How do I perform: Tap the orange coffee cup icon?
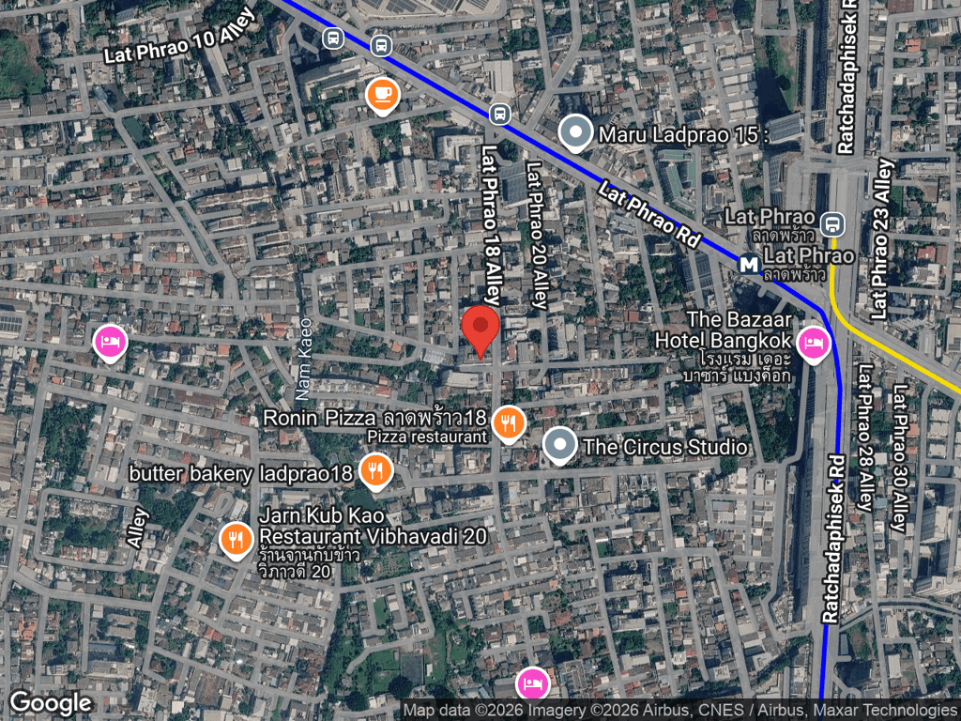382,94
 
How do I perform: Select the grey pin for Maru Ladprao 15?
575,134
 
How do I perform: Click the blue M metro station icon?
749,265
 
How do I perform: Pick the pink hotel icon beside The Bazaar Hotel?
813,343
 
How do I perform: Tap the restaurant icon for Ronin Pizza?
508,424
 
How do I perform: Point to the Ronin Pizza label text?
375,417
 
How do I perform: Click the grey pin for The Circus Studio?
560,447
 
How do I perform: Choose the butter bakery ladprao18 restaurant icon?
376,471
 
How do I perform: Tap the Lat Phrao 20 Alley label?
536,237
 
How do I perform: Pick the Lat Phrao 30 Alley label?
902,459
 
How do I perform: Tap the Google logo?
51,702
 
